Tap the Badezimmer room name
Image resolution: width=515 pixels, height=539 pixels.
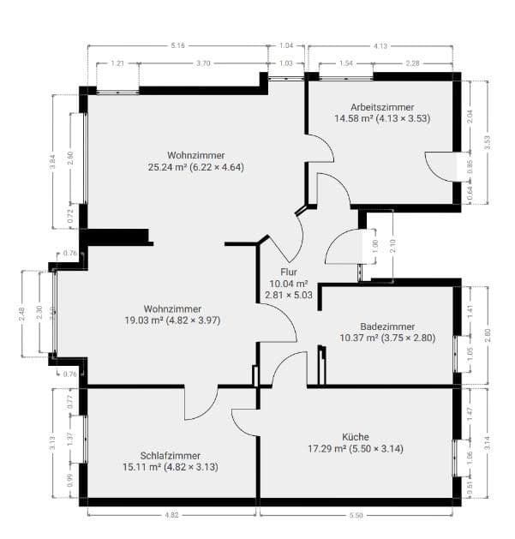tap(387, 326)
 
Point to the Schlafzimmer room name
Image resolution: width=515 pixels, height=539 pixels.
tap(171, 455)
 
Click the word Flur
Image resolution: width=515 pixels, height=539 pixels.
tap(288, 272)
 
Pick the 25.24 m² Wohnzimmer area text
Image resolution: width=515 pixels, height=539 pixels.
tap(195, 167)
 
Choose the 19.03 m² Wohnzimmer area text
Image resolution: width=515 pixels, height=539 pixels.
tap(172, 320)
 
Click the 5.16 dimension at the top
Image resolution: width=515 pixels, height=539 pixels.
tap(178, 45)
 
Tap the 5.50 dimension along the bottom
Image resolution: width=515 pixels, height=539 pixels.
tap(356, 515)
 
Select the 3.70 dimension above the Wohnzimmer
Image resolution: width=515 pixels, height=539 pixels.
tap(203, 63)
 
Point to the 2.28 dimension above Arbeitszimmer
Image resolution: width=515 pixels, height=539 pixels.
tap(412, 63)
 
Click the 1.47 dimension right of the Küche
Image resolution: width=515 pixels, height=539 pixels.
tap(470, 412)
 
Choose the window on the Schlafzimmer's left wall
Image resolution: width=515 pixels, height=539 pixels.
tap(83, 439)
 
